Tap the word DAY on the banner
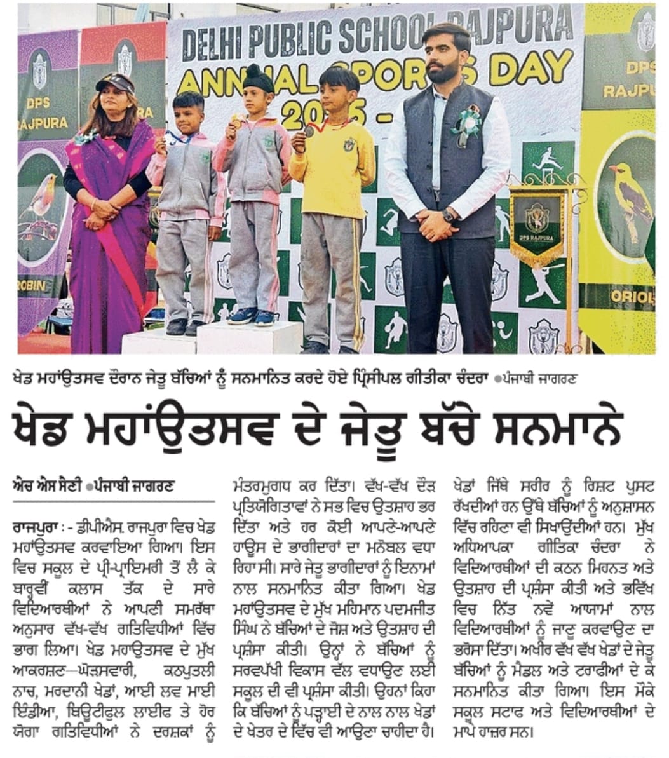(533, 69)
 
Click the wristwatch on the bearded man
(449, 215)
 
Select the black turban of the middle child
(260, 78)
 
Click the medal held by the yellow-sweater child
(309, 131)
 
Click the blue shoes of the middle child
(252, 316)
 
